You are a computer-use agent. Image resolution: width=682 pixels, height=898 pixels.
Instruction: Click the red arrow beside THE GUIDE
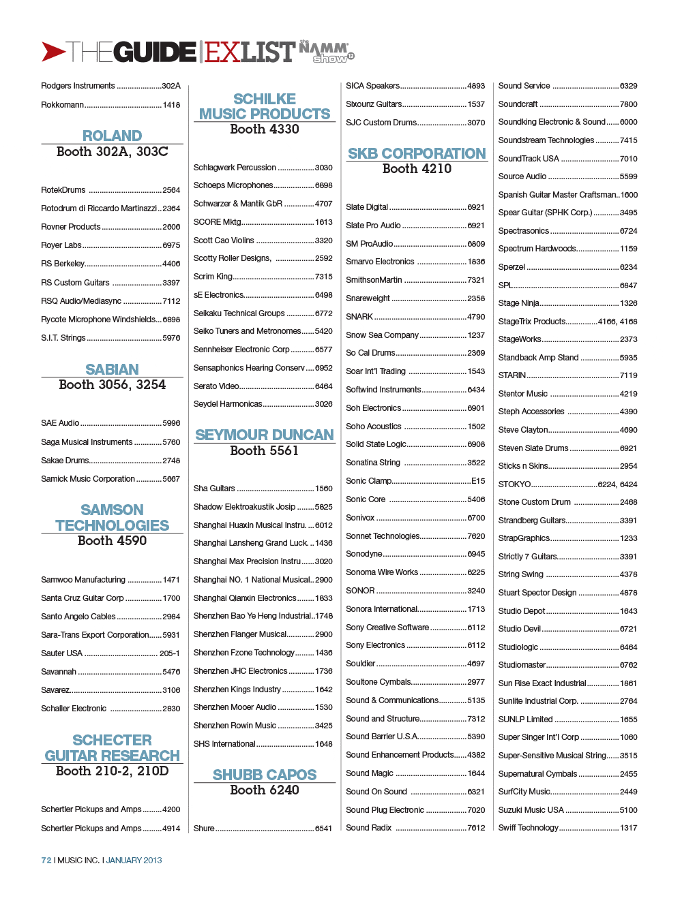point(53,52)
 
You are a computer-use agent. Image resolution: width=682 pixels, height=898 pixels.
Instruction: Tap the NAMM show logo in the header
point(326,51)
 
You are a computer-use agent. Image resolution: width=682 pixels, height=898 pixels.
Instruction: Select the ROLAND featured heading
point(112,136)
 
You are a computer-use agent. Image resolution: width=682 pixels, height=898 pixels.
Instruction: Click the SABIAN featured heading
point(112,369)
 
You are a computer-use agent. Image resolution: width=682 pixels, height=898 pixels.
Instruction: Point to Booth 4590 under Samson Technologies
point(112,541)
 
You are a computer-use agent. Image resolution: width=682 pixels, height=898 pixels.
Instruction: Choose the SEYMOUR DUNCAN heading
point(265,435)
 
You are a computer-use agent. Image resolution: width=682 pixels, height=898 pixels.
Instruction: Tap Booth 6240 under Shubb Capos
point(265,790)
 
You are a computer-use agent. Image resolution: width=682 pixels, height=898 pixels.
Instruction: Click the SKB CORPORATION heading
point(417,153)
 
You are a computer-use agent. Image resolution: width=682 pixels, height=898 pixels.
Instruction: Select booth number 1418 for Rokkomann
point(171,105)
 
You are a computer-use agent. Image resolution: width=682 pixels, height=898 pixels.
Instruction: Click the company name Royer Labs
point(61,245)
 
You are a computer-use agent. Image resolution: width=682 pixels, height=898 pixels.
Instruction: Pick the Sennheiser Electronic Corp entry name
point(241,350)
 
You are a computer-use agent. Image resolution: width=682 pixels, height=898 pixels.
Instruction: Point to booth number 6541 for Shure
point(323,829)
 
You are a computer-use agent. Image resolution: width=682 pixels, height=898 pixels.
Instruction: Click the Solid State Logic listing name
point(376,444)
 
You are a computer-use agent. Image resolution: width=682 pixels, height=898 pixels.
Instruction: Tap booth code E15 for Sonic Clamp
point(478,481)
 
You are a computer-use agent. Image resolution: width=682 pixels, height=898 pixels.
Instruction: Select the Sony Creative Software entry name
point(387,628)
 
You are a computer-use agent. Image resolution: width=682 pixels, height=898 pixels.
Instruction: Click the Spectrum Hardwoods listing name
point(537,249)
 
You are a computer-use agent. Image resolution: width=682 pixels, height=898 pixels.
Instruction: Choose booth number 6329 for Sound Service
point(628,86)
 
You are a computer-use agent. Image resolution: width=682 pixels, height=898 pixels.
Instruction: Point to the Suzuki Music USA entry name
point(531,810)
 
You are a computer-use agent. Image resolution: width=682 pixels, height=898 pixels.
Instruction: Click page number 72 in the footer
point(46,861)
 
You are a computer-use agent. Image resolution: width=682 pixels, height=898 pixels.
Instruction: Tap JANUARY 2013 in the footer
point(134,861)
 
